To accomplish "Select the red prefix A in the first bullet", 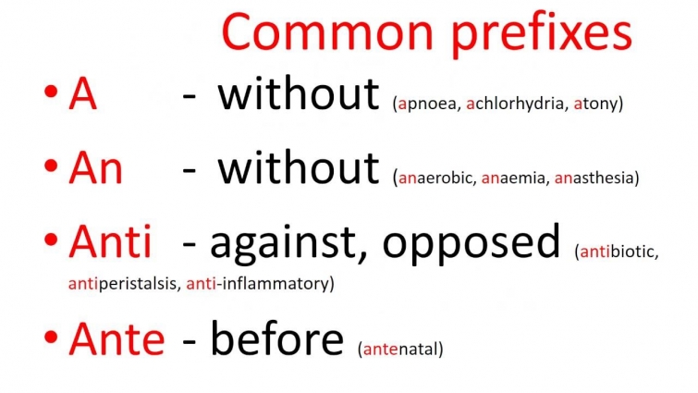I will click(82, 95).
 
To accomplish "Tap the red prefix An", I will click(95, 169).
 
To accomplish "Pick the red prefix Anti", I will click(110, 242).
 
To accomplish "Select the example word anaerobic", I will click(435, 178).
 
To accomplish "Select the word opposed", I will click(471, 244).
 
